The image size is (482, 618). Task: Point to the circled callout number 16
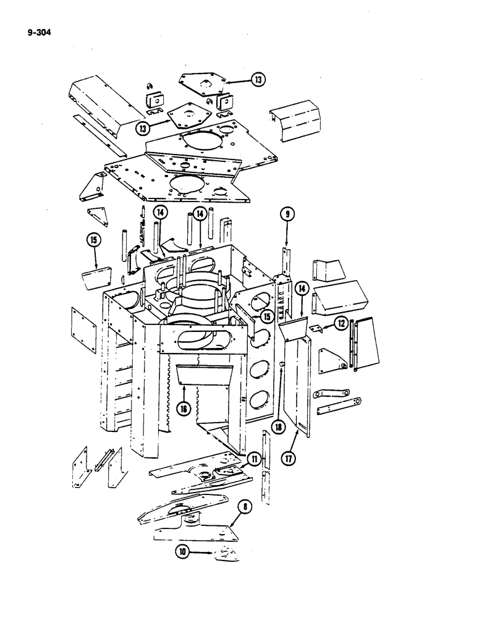point(183,408)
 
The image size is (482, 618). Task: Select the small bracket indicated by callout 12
point(316,329)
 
